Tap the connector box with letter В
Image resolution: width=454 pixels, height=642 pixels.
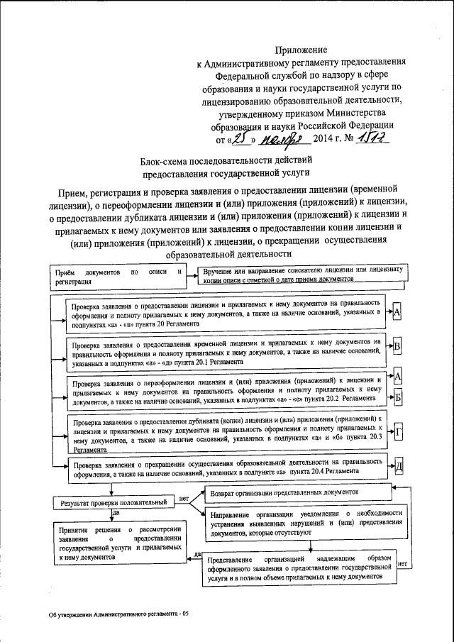click(x=397, y=346)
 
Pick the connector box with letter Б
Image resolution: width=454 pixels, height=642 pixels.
click(x=397, y=397)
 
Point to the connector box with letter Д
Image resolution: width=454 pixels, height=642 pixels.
click(x=399, y=466)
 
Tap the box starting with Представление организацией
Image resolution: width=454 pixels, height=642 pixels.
click(x=299, y=568)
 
